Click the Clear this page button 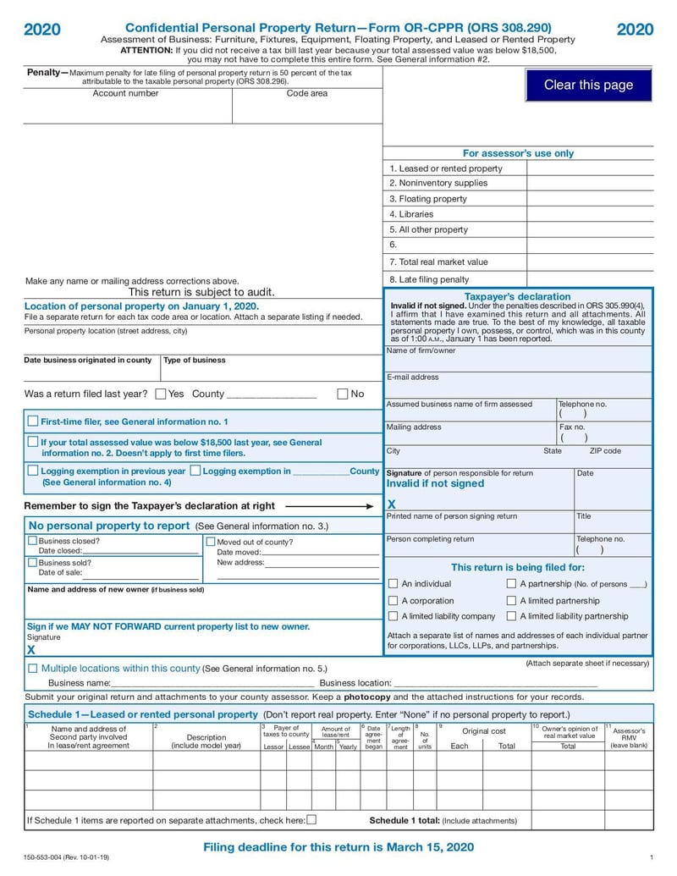pyautogui.click(x=588, y=85)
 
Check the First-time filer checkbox pyautogui.click(x=33, y=421)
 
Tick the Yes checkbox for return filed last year pyautogui.click(x=161, y=394)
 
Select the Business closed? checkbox pyautogui.click(x=33, y=541)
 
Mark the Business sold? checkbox pyautogui.click(x=33, y=562)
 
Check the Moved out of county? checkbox pyautogui.click(x=211, y=542)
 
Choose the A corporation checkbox pyautogui.click(x=393, y=600)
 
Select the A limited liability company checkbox pyautogui.click(x=393, y=616)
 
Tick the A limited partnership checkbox pyautogui.click(x=511, y=600)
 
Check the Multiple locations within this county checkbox pyautogui.click(x=33, y=668)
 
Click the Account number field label pyautogui.click(x=125, y=93)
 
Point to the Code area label pyautogui.click(x=306, y=93)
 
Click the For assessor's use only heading pyautogui.click(x=518, y=153)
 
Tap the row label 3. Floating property pyautogui.click(x=428, y=199)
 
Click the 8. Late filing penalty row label pyautogui.click(x=429, y=279)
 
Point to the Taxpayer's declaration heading pyautogui.click(x=518, y=296)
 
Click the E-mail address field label pyautogui.click(x=413, y=377)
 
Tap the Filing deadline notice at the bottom pyautogui.click(x=338, y=847)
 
